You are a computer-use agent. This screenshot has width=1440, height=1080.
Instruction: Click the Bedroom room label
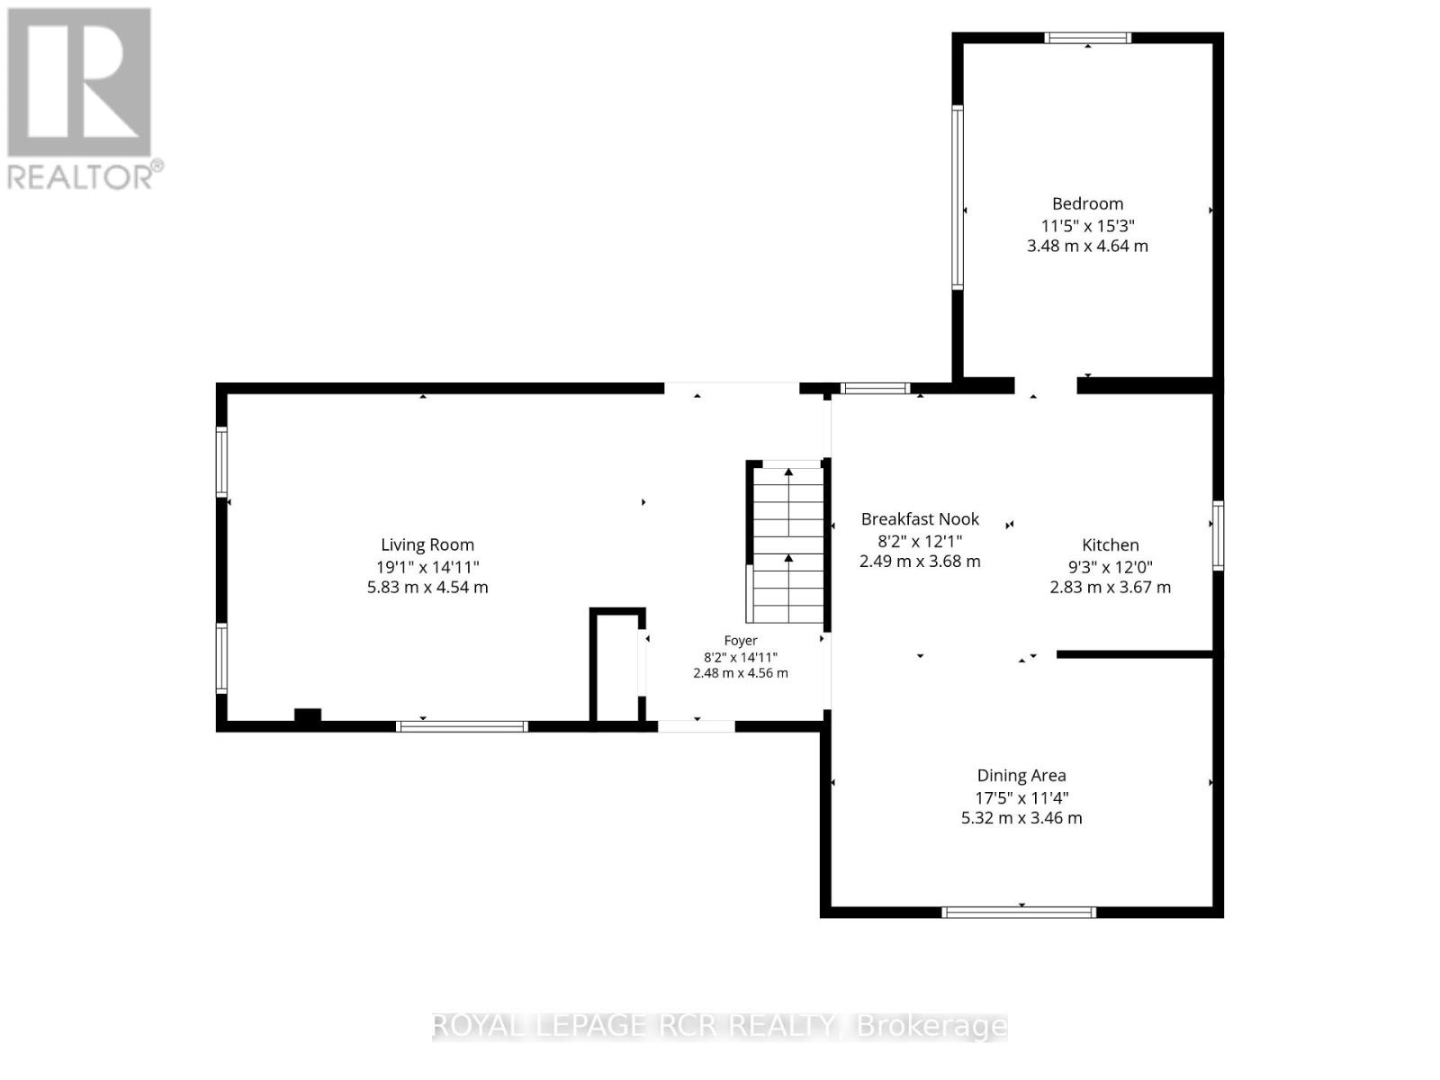pos(1087,204)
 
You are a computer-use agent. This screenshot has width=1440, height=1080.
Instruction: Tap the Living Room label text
pos(427,544)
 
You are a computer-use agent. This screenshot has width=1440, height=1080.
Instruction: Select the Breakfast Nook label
pos(920,519)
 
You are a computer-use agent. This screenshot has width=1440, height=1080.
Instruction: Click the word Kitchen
pos(1110,544)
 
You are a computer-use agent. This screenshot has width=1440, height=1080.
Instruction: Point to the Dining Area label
pos(1021,776)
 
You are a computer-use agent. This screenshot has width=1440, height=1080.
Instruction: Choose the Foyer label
pos(741,641)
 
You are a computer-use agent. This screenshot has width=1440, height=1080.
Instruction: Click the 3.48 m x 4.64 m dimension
pos(1087,246)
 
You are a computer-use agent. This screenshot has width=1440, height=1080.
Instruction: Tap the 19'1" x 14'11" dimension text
pos(427,567)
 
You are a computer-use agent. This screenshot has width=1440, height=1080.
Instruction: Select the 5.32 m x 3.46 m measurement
pos(1021,818)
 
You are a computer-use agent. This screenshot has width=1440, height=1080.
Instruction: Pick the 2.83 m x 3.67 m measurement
pos(1110,587)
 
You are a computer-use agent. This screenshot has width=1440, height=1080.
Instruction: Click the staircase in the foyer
pos(787,543)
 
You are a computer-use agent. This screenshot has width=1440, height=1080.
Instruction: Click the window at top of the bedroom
pos(1088,38)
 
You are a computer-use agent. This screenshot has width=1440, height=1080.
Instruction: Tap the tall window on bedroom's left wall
pos(958,197)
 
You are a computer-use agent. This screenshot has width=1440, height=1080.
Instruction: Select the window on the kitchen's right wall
pos(1218,535)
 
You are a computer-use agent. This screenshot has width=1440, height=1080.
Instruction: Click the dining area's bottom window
pos(1018,912)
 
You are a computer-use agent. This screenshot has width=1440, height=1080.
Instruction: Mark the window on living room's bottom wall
pos(462,726)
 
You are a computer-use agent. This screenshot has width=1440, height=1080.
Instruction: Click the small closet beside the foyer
pos(617,666)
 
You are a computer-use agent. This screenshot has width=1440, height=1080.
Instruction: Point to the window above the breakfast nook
pos(875,388)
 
